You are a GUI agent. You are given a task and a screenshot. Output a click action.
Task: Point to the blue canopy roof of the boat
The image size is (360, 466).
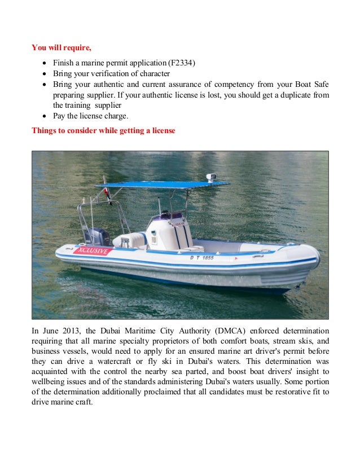coord(160,184)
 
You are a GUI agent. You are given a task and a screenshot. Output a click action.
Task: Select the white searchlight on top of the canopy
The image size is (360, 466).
coord(212,177)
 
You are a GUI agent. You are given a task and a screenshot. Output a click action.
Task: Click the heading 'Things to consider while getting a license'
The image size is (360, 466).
coord(103,130)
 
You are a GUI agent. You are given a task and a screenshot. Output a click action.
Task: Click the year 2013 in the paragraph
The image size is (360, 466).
coord(77,330)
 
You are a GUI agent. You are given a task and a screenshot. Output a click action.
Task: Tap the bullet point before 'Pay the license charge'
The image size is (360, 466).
coord(44,116)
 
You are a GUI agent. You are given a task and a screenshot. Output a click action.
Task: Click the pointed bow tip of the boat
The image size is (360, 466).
coord(318,258)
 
